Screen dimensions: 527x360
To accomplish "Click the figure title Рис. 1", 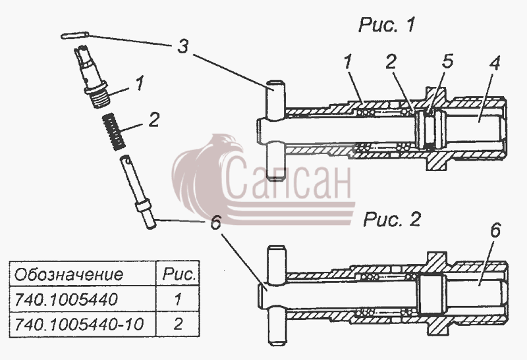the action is [x=387, y=25].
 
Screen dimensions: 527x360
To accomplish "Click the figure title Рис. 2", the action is [x=392, y=220].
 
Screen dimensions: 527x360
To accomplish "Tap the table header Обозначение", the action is [x=69, y=274].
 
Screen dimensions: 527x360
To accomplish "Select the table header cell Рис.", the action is [x=179, y=274].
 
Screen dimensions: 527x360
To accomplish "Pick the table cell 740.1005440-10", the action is [x=79, y=324].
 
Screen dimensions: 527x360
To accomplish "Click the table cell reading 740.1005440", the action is [x=67, y=299].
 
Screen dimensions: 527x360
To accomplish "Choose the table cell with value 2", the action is [x=178, y=324].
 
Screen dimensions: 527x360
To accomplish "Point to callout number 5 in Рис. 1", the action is [x=448, y=61].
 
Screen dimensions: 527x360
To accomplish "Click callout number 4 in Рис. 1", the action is [x=495, y=63].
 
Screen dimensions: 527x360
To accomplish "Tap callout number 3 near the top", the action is [x=182, y=46].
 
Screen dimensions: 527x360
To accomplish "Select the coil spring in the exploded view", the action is [x=114, y=132].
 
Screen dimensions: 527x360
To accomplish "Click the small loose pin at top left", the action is [x=75, y=36].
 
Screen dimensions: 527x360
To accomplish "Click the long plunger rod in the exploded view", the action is [x=138, y=192].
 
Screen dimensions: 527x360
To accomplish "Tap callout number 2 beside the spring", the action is [x=153, y=120].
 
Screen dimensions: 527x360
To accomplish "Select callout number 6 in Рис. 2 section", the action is [x=495, y=231].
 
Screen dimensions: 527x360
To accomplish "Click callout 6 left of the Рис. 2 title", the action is [x=216, y=222].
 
